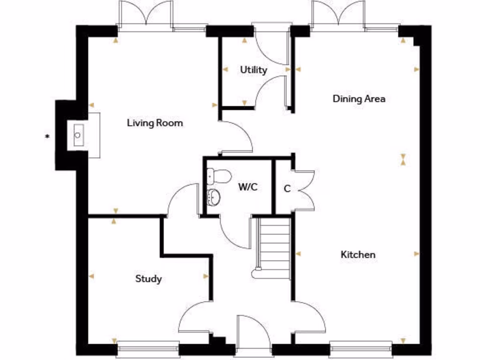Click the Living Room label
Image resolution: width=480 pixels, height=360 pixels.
click(x=155, y=123)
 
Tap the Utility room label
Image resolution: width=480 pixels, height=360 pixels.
click(x=254, y=70)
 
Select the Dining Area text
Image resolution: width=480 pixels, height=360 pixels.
click(x=359, y=99)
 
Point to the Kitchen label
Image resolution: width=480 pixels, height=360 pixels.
click(x=358, y=255)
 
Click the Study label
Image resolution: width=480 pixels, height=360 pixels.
click(x=149, y=279)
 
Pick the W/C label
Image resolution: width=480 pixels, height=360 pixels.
click(x=248, y=187)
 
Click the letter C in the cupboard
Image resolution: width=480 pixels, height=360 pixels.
click(x=287, y=189)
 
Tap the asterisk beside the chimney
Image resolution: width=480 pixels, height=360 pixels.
click(x=47, y=137)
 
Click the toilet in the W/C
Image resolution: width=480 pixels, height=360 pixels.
click(x=219, y=176)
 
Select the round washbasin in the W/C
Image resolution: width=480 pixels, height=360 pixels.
click(x=214, y=197)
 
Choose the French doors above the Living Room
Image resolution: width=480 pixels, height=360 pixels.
click(x=146, y=14)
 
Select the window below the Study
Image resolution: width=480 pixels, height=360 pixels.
click(x=148, y=349)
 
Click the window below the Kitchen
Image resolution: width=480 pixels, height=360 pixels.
click(x=360, y=349)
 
